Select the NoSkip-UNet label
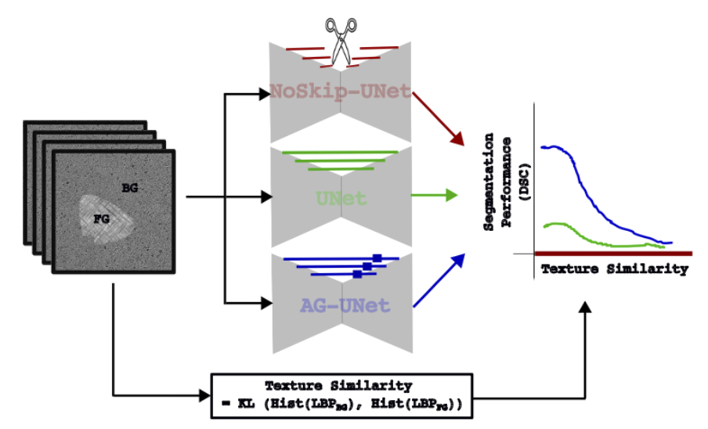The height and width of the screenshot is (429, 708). point(340,92)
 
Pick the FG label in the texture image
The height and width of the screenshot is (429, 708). point(101,218)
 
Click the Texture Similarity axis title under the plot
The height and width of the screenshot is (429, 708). point(614,269)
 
